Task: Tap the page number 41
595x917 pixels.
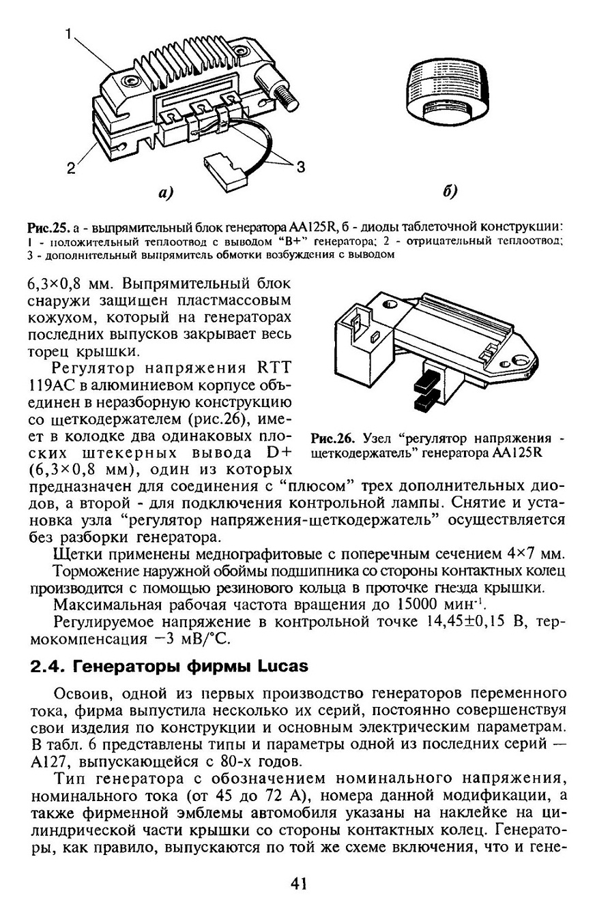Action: pyautogui.click(x=297, y=884)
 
